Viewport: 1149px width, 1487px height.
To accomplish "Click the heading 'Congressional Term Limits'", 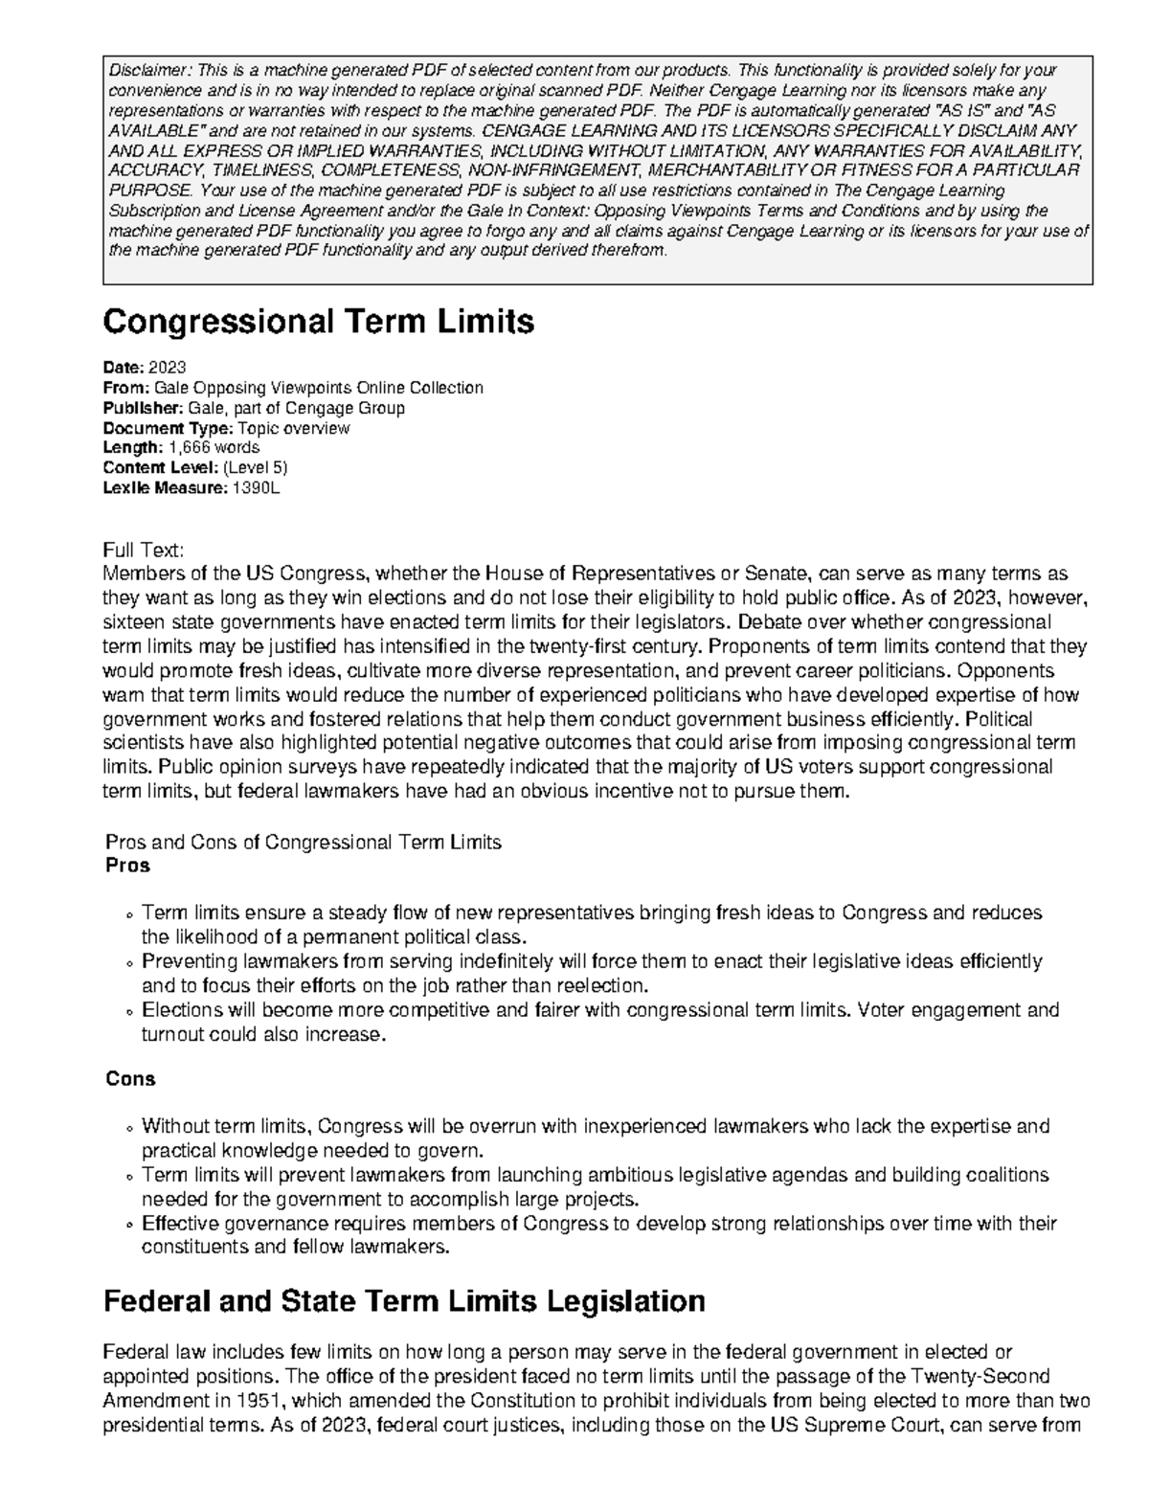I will [x=318, y=322].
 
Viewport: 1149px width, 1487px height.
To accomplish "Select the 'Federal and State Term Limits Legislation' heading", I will [x=403, y=1301].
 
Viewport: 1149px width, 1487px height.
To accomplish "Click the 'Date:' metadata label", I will [x=123, y=368].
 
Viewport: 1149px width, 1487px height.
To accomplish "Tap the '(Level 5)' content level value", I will [x=255, y=467].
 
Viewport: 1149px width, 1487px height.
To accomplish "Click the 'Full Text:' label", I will [x=143, y=550].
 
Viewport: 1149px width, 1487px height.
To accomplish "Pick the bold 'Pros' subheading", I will [x=127, y=866].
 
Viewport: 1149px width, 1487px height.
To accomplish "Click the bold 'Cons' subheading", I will [x=130, y=1078].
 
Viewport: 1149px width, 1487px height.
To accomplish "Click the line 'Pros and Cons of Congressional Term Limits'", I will [x=303, y=843].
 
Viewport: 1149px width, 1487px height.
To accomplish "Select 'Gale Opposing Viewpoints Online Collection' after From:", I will [x=319, y=388].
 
